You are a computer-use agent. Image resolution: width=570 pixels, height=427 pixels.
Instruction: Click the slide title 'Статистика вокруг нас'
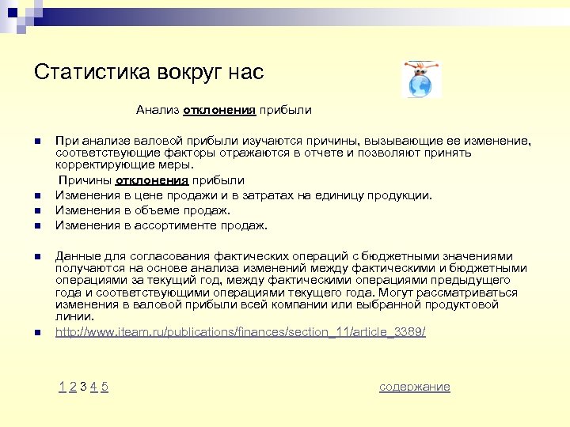(149, 73)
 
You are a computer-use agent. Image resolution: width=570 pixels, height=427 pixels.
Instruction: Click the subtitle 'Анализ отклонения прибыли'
(223, 110)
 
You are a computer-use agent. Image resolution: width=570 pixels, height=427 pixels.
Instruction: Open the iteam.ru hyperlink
(240, 332)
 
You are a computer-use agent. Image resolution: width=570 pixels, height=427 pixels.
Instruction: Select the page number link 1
(62, 387)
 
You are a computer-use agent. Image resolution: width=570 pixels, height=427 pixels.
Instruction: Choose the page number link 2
(72, 387)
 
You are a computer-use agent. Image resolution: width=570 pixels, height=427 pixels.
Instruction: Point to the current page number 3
(83, 387)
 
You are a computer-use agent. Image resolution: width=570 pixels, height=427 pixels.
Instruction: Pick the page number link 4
(93, 387)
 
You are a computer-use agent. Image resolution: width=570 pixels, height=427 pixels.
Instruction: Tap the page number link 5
(104, 387)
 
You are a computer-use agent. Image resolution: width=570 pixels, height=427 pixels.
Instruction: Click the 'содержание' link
(415, 387)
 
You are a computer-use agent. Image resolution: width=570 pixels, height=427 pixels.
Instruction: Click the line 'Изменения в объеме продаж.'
(142, 210)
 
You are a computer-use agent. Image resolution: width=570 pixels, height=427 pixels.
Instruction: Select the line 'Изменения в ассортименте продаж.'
(161, 225)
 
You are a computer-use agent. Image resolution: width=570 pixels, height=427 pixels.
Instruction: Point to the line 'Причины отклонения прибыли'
(150, 180)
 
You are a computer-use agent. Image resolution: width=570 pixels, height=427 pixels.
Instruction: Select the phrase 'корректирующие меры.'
(124, 165)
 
